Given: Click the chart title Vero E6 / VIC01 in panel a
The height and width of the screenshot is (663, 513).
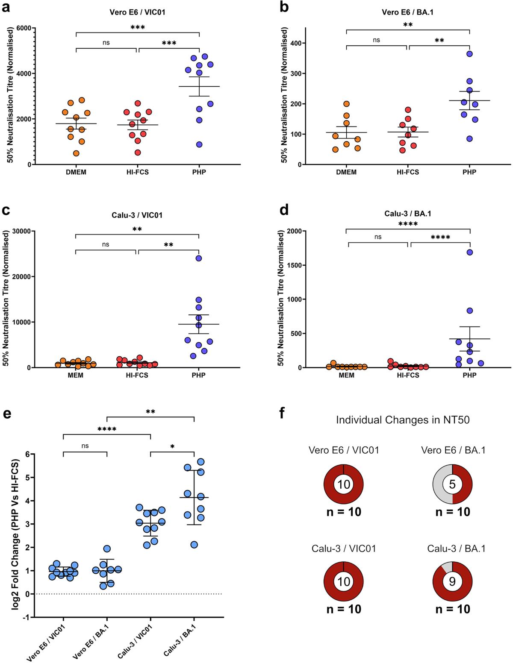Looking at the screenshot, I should click(x=137, y=12).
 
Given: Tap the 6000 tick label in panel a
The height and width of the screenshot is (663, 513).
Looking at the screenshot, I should click(x=24, y=28).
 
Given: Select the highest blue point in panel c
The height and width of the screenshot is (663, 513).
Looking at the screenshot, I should click(x=198, y=258).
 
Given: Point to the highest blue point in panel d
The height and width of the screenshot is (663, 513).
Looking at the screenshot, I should click(x=469, y=252).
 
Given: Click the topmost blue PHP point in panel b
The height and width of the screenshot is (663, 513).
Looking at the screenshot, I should click(x=469, y=54).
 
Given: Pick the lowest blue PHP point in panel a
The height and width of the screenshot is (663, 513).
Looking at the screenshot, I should click(x=199, y=144).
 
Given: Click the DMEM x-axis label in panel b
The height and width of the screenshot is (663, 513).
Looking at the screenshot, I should click(x=346, y=172).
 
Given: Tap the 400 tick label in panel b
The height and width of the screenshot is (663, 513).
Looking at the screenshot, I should click(x=295, y=43).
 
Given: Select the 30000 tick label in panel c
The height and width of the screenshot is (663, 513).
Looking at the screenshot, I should click(x=21, y=231).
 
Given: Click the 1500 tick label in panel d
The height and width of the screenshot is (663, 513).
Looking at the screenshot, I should click(x=293, y=265).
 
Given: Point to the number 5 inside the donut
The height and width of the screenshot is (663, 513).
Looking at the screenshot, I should click(x=452, y=484).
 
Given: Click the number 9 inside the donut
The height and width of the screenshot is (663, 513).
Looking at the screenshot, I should click(x=452, y=581).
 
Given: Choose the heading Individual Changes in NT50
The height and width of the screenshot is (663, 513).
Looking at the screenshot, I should click(x=403, y=420).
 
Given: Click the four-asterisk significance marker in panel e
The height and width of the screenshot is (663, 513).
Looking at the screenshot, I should click(x=107, y=429).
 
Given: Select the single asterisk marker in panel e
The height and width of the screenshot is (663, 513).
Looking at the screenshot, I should click(x=172, y=447).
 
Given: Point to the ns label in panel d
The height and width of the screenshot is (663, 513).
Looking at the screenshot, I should click(x=378, y=237).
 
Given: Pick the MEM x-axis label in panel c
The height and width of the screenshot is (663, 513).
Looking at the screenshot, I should click(x=76, y=375).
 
